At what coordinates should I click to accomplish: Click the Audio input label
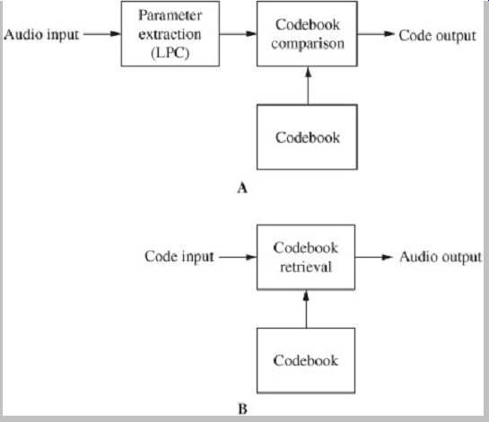41,35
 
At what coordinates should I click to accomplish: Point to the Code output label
438,35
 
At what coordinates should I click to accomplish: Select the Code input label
179,257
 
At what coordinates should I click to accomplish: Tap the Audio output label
441,257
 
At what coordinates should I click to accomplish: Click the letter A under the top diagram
242,188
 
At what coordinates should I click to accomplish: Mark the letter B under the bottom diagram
242,409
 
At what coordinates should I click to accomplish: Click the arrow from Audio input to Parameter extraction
102,34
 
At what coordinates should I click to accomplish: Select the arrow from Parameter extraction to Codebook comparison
239,34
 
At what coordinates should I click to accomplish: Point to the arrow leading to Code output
376,34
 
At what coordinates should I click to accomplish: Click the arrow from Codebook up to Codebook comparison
308,85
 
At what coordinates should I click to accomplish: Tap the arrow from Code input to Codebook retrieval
238,257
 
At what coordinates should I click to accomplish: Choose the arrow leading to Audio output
374,257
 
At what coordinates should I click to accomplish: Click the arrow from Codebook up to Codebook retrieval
306,309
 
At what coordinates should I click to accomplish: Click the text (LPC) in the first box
170,53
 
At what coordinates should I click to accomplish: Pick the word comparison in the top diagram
308,44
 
